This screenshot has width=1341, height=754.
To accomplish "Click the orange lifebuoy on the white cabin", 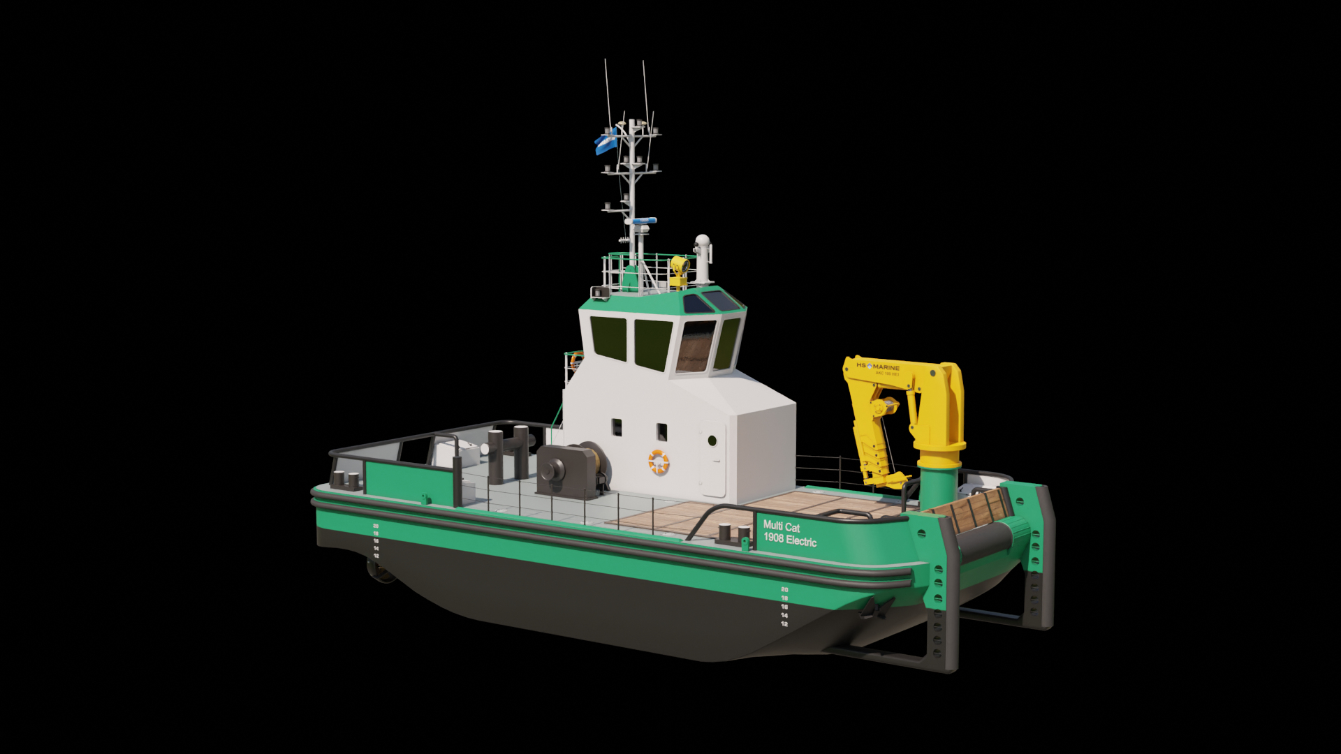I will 659,461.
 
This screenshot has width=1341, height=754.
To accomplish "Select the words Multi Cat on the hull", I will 782,526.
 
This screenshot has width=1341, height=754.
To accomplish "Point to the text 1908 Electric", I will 790,540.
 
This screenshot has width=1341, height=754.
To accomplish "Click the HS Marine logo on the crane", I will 878,367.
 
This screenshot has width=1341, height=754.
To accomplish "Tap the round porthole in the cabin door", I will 712,441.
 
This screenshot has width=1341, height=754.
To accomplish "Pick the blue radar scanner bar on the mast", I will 640,221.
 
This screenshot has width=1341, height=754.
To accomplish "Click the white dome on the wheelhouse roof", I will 702,242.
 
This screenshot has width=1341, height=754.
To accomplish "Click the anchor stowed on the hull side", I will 877,609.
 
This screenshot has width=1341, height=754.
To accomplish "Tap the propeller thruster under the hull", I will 381,571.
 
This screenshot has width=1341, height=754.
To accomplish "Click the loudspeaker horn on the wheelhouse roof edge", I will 599,292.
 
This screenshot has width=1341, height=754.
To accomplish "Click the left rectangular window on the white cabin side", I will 617,427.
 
